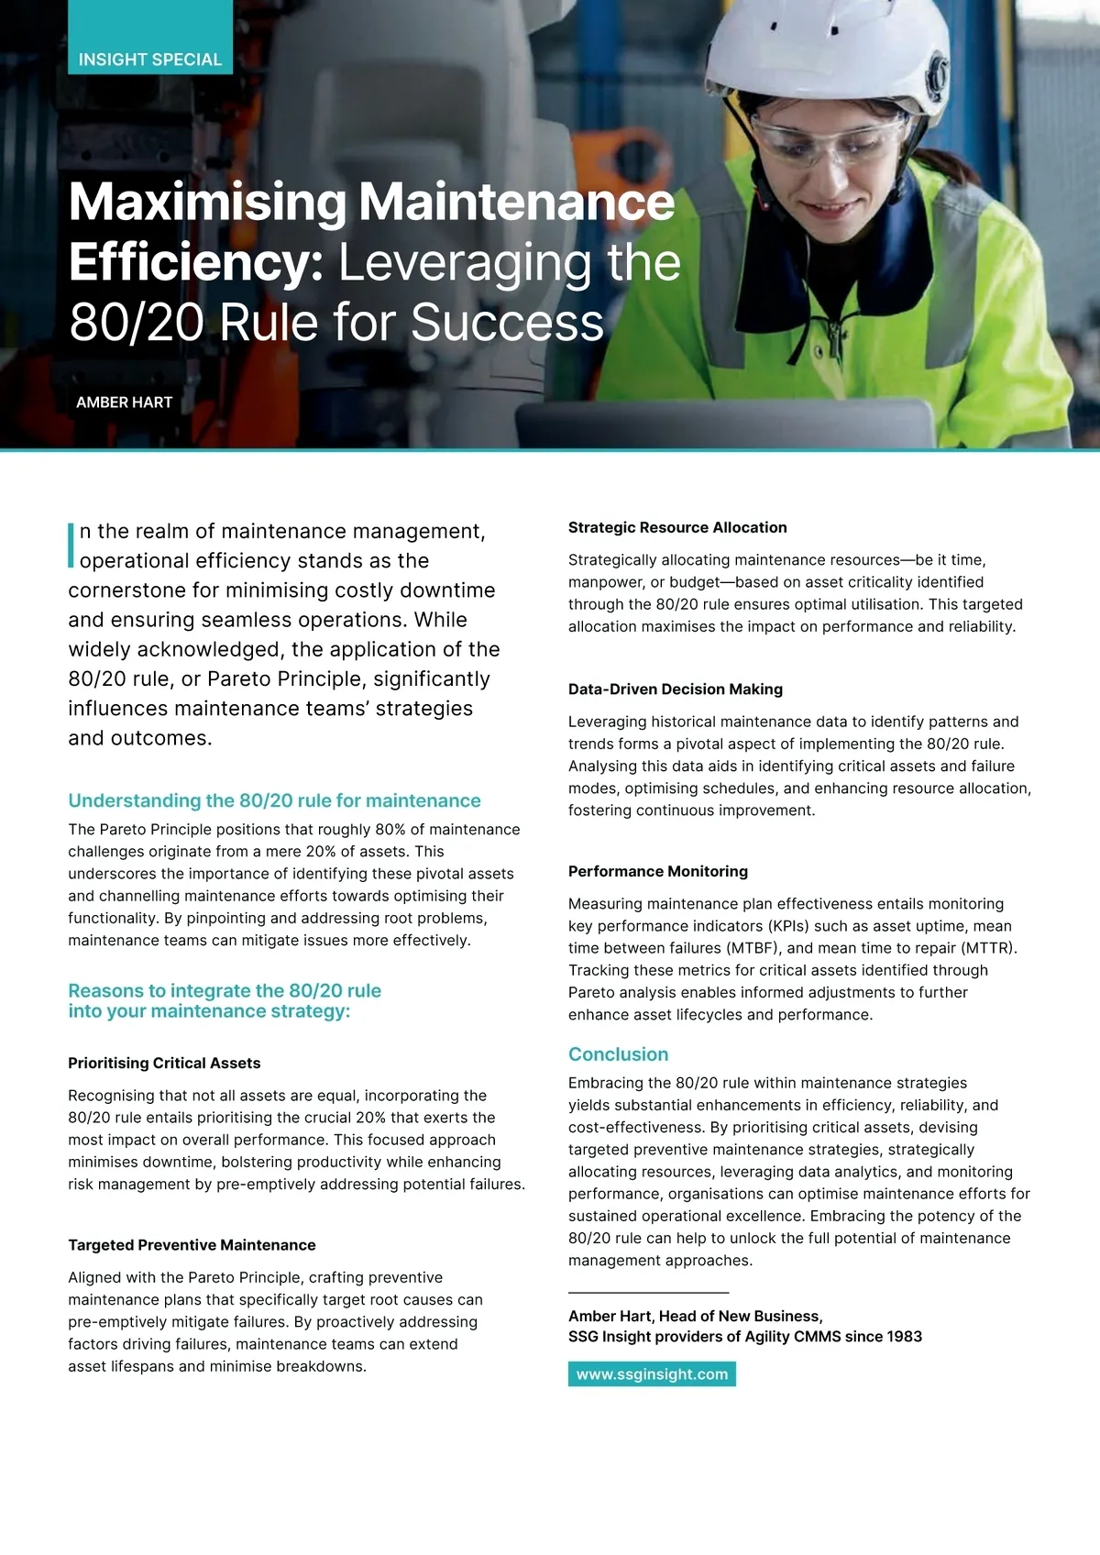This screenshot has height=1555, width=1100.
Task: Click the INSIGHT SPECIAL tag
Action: point(150,60)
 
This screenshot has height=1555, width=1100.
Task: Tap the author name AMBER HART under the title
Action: point(124,403)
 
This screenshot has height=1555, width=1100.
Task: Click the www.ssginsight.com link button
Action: point(652,1374)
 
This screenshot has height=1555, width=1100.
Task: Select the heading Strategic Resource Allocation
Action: point(677,527)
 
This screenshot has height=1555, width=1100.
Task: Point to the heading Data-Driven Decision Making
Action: point(676,689)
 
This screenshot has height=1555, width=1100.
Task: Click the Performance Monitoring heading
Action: point(658,871)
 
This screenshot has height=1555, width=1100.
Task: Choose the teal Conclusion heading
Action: point(619,1054)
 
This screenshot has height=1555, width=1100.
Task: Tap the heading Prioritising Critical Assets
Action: point(164,1064)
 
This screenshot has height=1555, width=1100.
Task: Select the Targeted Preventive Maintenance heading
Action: point(192,1245)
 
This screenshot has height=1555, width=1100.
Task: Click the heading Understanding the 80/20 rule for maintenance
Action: point(274,800)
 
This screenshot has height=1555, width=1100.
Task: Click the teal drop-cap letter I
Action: point(71,546)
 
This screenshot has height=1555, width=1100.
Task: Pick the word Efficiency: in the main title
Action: point(196,263)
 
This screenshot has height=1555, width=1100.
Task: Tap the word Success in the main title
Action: point(507,323)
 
